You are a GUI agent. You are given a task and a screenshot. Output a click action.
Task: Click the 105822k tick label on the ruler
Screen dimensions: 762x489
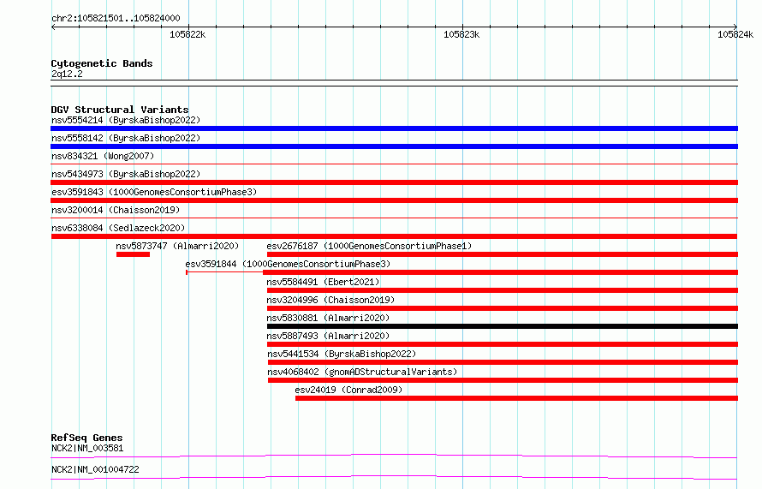coord(188,34)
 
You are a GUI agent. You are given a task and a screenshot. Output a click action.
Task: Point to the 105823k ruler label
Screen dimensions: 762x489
coord(461,34)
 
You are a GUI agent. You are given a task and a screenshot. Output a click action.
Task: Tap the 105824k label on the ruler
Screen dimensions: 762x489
coord(735,34)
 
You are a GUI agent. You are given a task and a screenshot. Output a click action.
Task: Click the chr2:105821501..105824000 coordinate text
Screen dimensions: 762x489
coord(116,18)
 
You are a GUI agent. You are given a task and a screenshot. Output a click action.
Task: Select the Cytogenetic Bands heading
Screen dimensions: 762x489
coord(102,63)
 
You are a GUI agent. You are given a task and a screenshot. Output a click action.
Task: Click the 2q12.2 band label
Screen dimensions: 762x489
coord(67,74)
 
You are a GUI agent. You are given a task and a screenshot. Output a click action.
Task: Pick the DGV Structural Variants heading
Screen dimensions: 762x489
coord(120,110)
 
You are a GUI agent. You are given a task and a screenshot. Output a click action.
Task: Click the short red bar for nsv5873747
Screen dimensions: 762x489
coord(133,254)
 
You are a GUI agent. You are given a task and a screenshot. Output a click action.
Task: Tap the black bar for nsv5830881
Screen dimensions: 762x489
coord(503,326)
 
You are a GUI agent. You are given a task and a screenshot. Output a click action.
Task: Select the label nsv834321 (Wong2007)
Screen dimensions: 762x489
coord(103,156)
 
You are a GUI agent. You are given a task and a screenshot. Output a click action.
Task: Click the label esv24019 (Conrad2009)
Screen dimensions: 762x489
coord(348,390)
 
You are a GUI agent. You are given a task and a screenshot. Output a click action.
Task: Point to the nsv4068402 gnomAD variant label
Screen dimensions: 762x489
coord(362,372)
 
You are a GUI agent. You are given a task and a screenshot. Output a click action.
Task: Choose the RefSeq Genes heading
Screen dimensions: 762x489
coord(86,438)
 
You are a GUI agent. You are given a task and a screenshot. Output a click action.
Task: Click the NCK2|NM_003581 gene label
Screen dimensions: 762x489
coord(87,448)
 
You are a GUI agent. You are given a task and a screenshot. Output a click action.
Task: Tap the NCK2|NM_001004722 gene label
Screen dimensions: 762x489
coord(95,469)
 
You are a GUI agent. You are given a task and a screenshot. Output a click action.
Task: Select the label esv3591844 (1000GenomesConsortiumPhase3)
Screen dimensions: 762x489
coord(288,264)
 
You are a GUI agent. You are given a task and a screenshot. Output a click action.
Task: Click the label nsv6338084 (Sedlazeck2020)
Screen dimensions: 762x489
coord(118,228)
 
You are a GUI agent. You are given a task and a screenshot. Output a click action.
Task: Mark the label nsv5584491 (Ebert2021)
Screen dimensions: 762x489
coord(323,282)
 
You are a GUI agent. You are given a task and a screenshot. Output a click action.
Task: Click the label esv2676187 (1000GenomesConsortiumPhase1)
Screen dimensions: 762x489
coord(369,246)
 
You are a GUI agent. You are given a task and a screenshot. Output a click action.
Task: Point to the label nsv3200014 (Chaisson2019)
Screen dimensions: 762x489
coord(116,210)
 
